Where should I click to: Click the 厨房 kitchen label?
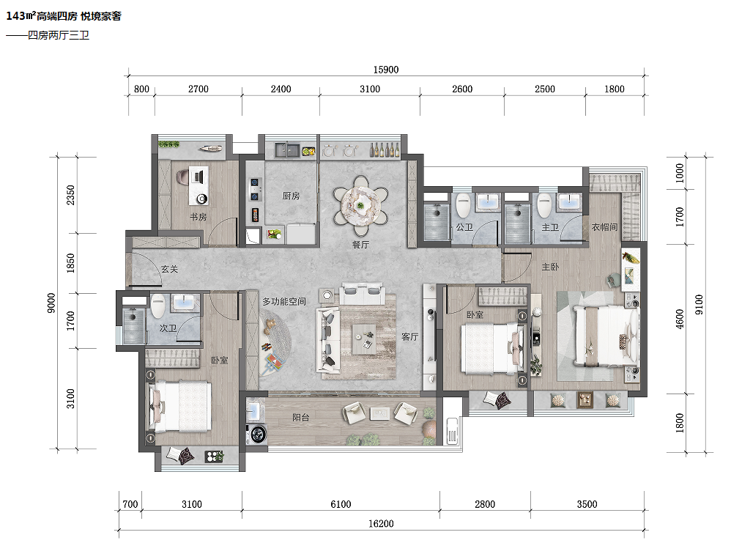pyautogui.click(x=291, y=196)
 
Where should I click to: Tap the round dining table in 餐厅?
pyautogui.click(x=361, y=204)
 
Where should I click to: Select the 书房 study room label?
pyautogui.click(x=198, y=217)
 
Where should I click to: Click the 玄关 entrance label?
pyautogui.click(x=170, y=269)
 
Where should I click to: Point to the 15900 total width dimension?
pyautogui.click(x=386, y=70)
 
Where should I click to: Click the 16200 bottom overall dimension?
pyautogui.click(x=381, y=524)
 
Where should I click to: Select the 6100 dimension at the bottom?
pyautogui.click(x=341, y=504)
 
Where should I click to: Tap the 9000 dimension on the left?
pyautogui.click(x=52, y=303)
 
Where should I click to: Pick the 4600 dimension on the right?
pyautogui.click(x=680, y=319)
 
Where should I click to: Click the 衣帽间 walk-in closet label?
pyautogui.click(x=605, y=227)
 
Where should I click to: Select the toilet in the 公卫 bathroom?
pyautogui.click(x=463, y=206)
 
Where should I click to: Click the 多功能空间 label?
pyautogui.click(x=284, y=302)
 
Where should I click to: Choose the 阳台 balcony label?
pyautogui.click(x=301, y=418)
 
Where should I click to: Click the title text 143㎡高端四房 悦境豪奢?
pyautogui.click(x=64, y=16)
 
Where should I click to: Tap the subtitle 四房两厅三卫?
pyautogui.click(x=59, y=35)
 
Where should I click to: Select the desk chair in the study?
pyautogui.click(x=183, y=177)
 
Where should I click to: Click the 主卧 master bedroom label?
pyautogui.click(x=550, y=267)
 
